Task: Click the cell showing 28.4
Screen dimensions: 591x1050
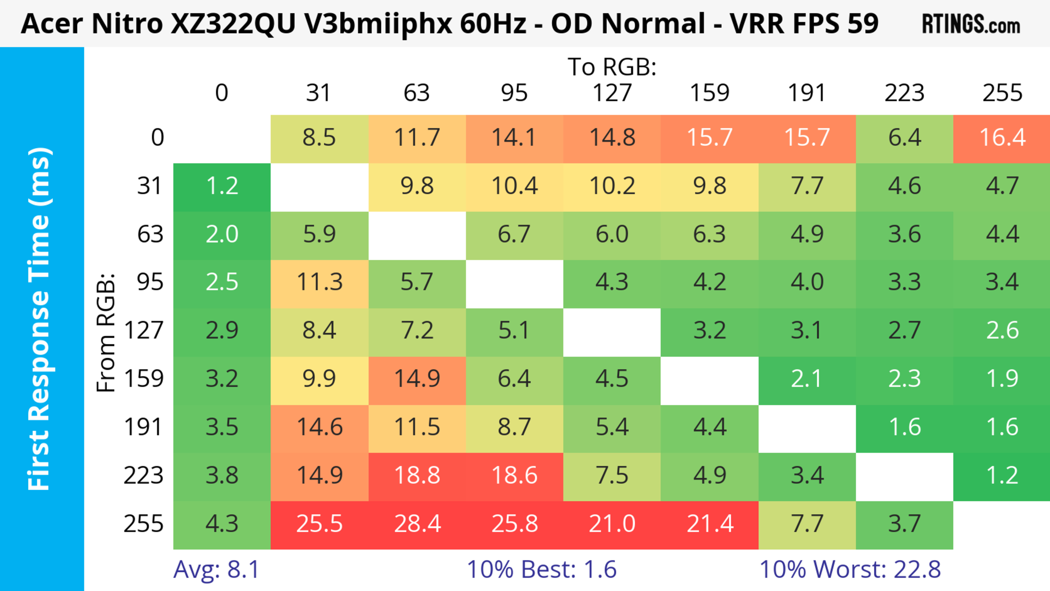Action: pos(417,524)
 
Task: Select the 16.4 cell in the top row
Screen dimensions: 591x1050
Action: pos(1002,138)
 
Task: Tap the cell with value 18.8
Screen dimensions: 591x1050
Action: pos(417,476)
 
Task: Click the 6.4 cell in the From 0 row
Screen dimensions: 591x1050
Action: pos(905,138)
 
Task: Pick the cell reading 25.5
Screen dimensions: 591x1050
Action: pos(320,524)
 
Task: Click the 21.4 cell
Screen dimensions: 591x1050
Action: pos(710,524)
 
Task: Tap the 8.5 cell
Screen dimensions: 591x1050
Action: pos(320,138)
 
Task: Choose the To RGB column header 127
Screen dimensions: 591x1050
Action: pos(612,93)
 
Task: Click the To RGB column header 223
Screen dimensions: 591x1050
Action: pos(905,93)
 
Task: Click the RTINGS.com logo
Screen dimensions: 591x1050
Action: pos(971,24)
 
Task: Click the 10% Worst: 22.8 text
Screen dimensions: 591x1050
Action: pos(850,569)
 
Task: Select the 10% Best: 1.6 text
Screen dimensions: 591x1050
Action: pos(541,569)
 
